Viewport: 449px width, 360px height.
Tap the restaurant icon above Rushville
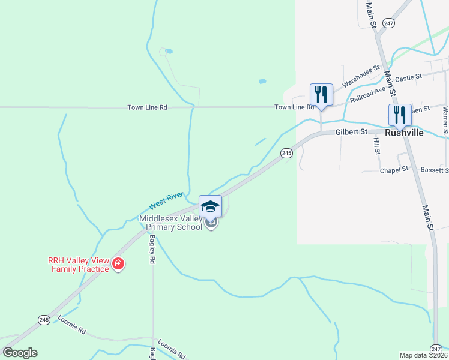[x=399, y=114]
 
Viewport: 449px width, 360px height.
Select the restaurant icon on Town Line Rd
[x=321, y=94]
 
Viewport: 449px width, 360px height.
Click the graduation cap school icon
[x=210, y=206]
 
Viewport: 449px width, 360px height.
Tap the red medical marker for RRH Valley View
[x=119, y=264]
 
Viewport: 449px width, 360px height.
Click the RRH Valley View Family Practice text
[x=79, y=265]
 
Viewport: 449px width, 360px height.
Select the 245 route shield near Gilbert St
[x=286, y=154]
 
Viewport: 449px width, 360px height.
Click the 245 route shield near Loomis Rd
[x=44, y=319]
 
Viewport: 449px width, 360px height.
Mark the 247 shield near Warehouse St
[x=389, y=22]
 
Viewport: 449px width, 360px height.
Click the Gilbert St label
[x=351, y=131]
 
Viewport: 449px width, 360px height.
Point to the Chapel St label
[x=394, y=170]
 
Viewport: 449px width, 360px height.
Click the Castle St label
[x=409, y=77]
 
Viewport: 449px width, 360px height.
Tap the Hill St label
[x=377, y=146]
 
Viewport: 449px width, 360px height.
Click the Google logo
[x=20, y=353]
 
